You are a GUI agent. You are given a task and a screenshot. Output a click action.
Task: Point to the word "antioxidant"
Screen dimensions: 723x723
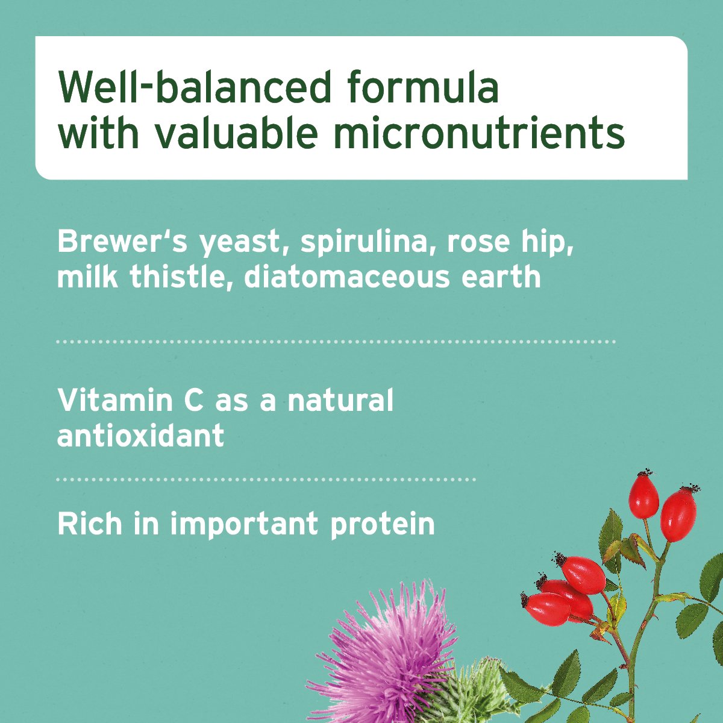140,435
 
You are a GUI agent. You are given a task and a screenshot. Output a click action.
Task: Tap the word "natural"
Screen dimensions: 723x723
340,401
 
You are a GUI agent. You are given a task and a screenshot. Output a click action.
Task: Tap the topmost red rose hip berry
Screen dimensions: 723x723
643,496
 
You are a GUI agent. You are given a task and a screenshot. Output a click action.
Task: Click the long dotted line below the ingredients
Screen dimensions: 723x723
336,342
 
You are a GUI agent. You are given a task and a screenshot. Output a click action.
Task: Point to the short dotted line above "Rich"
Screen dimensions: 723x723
266,480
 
